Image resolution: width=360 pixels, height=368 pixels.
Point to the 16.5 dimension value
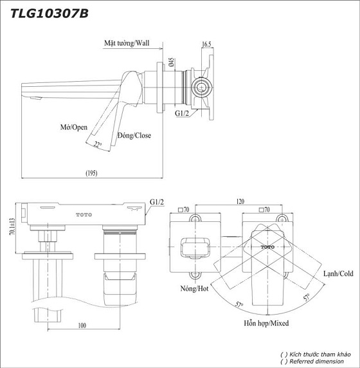point(206,44)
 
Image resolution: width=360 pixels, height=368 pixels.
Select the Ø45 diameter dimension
point(171,62)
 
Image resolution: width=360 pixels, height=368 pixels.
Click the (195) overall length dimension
point(91,172)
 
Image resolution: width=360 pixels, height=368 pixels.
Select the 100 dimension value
point(82,326)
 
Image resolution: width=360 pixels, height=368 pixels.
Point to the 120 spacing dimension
point(240,201)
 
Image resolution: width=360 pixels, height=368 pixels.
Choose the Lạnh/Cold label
point(337,273)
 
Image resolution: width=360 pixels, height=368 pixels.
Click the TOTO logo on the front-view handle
point(266,247)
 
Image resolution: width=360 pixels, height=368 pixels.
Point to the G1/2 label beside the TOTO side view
point(156,202)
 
